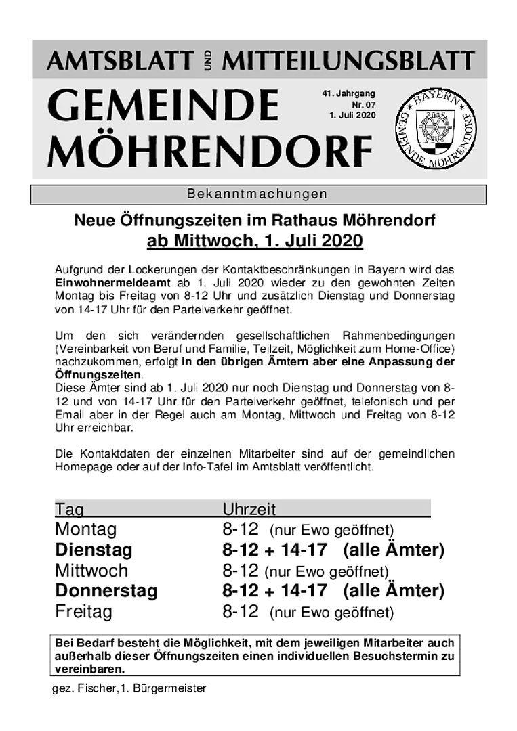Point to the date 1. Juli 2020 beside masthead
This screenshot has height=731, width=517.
(x=352, y=115)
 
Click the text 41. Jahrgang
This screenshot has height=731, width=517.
(x=348, y=93)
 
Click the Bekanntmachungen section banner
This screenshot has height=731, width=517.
(x=257, y=194)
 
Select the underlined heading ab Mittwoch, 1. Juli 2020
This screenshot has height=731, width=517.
(x=255, y=241)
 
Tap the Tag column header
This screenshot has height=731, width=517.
(x=69, y=509)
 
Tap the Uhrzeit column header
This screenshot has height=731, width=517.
(x=249, y=509)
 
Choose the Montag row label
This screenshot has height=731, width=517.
(x=85, y=529)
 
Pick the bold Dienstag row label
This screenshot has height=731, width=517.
(x=94, y=550)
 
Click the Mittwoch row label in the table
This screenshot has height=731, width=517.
(x=91, y=571)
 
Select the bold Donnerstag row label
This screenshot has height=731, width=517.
(x=106, y=591)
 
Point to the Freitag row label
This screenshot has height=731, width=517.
(x=83, y=612)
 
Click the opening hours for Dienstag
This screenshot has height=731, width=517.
(x=274, y=550)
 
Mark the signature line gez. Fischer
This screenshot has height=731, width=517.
(x=129, y=688)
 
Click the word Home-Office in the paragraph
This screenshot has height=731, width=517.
(x=421, y=348)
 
